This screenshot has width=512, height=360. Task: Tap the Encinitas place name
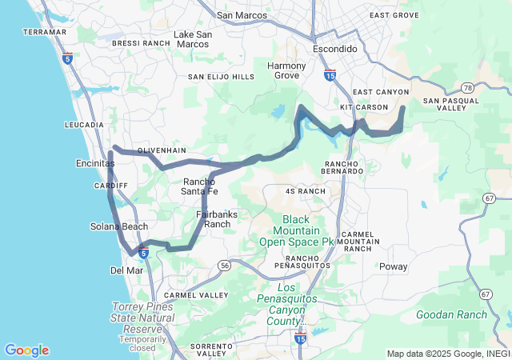92,163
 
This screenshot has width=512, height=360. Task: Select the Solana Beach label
118,227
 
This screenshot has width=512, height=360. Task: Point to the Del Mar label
126,270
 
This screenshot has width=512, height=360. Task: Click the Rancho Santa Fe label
200,186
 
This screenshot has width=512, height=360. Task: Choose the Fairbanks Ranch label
214,219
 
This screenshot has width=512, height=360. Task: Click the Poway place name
393,266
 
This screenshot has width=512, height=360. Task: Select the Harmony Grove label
286,70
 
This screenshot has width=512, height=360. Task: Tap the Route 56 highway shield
225,265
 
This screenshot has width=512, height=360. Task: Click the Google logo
26,350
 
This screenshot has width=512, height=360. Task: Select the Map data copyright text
447,354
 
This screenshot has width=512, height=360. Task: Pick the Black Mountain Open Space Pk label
296,230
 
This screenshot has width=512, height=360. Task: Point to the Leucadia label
84,126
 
